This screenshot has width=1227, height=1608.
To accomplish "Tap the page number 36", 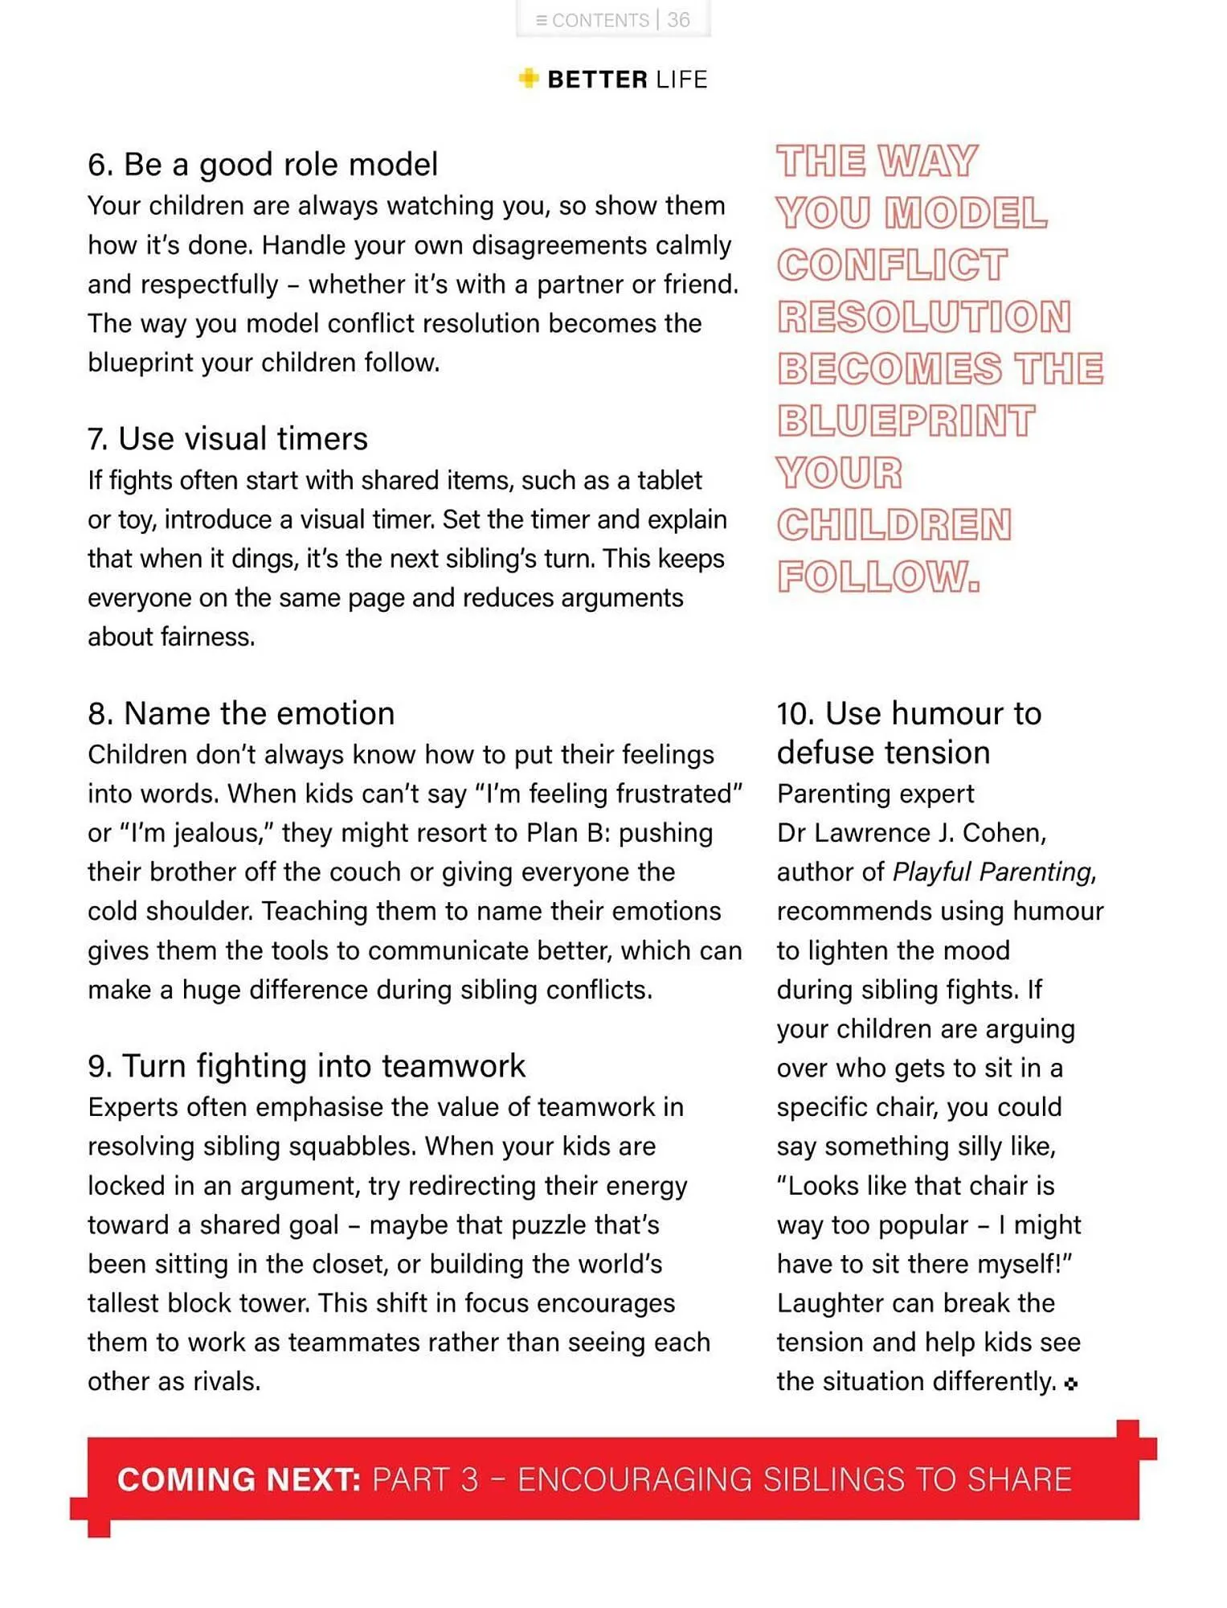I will pyautogui.click(x=679, y=20).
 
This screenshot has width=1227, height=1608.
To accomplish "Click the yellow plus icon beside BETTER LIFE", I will pyautogui.click(x=528, y=78).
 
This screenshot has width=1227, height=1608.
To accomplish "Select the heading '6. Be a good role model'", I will pyautogui.click(x=263, y=164).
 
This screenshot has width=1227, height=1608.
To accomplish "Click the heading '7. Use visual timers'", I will pyautogui.click(x=227, y=439).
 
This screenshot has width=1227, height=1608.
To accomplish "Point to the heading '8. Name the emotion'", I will pyautogui.click(x=241, y=713).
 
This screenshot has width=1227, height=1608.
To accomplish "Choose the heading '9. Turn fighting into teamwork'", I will pyautogui.click(x=306, y=1066).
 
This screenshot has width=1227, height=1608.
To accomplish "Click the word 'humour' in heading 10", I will pyautogui.click(x=947, y=713).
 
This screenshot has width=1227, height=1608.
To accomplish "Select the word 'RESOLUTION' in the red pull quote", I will pyautogui.click(x=924, y=317).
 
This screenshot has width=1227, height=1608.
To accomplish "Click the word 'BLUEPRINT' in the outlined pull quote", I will pyautogui.click(x=906, y=420).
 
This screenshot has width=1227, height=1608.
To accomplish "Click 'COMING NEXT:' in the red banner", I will pyautogui.click(x=239, y=1479).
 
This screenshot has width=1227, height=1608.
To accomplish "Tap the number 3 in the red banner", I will pyautogui.click(x=469, y=1479).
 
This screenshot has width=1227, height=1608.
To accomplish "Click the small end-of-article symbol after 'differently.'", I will pyautogui.click(x=1070, y=1384).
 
